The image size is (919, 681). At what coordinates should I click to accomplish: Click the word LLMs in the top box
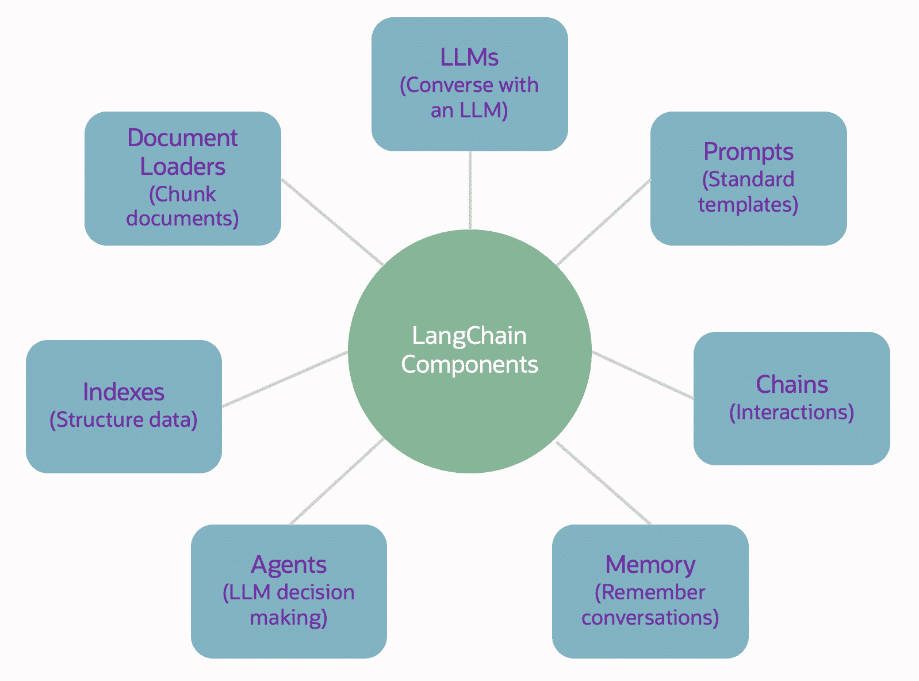(x=469, y=58)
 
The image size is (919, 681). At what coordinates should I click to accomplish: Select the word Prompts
(x=748, y=152)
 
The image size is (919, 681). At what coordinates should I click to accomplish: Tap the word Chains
(x=791, y=384)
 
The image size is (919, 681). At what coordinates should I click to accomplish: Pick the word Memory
(x=650, y=564)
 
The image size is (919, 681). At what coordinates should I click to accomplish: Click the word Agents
(x=289, y=564)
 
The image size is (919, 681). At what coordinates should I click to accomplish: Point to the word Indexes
(x=124, y=392)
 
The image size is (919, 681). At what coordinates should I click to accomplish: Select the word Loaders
(x=182, y=166)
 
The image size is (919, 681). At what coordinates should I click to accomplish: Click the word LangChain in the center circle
(x=469, y=335)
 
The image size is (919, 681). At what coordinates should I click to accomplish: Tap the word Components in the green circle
(x=469, y=364)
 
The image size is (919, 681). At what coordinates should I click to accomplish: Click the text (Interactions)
(x=791, y=412)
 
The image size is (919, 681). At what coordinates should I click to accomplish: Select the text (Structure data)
(x=124, y=419)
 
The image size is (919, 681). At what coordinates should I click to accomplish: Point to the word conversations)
(x=650, y=617)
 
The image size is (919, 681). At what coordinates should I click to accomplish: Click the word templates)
(x=748, y=204)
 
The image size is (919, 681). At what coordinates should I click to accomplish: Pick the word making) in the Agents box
(x=289, y=617)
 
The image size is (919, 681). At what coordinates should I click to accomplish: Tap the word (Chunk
(x=182, y=194)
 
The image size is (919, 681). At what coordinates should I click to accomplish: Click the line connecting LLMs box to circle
(x=470, y=190)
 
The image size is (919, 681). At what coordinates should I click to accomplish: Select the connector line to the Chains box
(x=643, y=375)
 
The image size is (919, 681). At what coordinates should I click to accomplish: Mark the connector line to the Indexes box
(x=285, y=378)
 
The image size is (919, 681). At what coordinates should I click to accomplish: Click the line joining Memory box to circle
(x=604, y=483)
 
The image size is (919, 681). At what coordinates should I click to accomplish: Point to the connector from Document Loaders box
(x=332, y=222)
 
